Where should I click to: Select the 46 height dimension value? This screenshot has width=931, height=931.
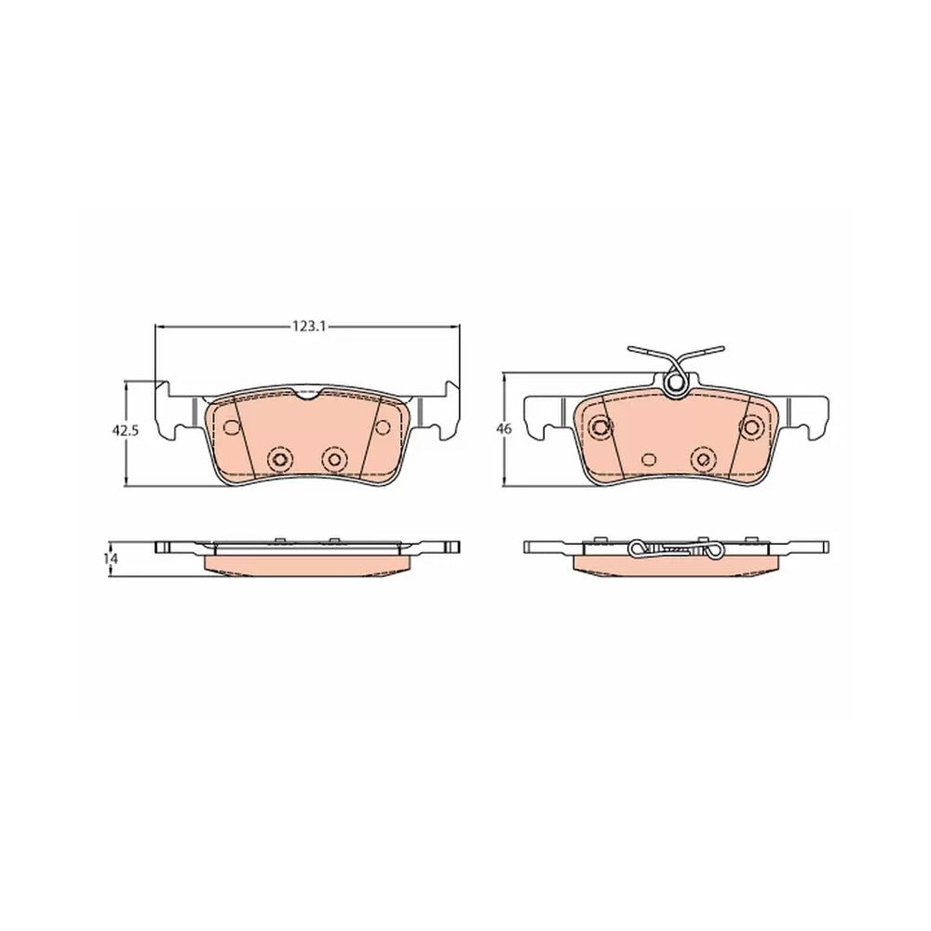pos(505,429)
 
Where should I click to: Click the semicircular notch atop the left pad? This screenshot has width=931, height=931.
pos(307,394)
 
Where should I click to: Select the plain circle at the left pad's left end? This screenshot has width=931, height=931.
pos(231,427)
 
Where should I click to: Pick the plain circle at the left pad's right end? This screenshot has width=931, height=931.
pos(383,427)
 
